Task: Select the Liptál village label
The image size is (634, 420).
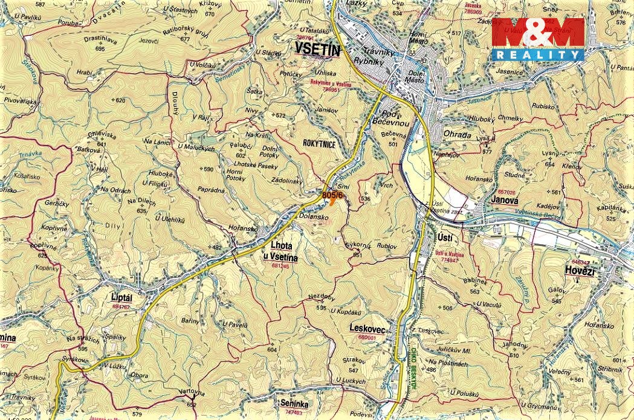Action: (121, 297)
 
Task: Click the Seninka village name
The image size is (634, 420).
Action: (295, 403)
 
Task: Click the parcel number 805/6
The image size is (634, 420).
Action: (332, 195)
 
